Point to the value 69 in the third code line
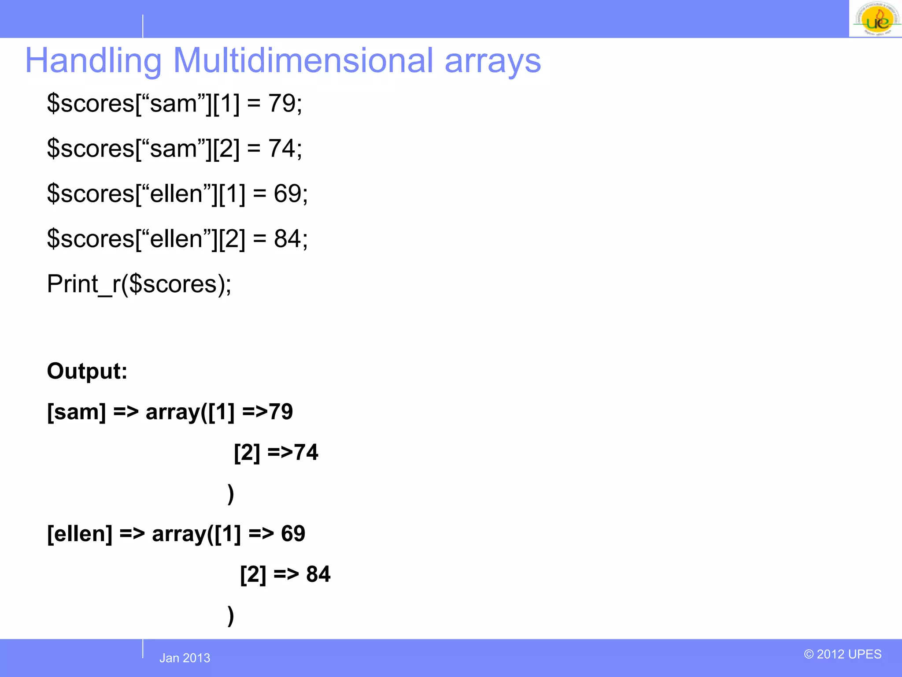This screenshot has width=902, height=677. click(x=288, y=193)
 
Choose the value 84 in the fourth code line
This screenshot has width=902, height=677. click(x=288, y=238)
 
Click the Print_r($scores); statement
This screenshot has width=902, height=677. click(x=139, y=284)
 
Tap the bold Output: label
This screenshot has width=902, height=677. click(x=87, y=371)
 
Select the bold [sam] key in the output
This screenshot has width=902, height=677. click(x=77, y=412)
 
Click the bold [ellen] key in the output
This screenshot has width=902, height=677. click(x=80, y=533)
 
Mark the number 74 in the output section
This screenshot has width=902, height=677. click(x=306, y=452)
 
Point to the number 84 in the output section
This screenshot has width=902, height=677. click(x=318, y=574)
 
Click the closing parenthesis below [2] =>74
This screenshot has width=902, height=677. click(x=231, y=494)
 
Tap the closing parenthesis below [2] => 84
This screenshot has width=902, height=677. click(x=231, y=615)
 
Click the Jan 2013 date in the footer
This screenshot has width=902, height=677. click(x=185, y=658)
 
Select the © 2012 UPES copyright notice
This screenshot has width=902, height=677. click(x=843, y=654)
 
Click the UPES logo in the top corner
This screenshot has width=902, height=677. click(x=875, y=19)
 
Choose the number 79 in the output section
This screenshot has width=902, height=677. click(x=281, y=412)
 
